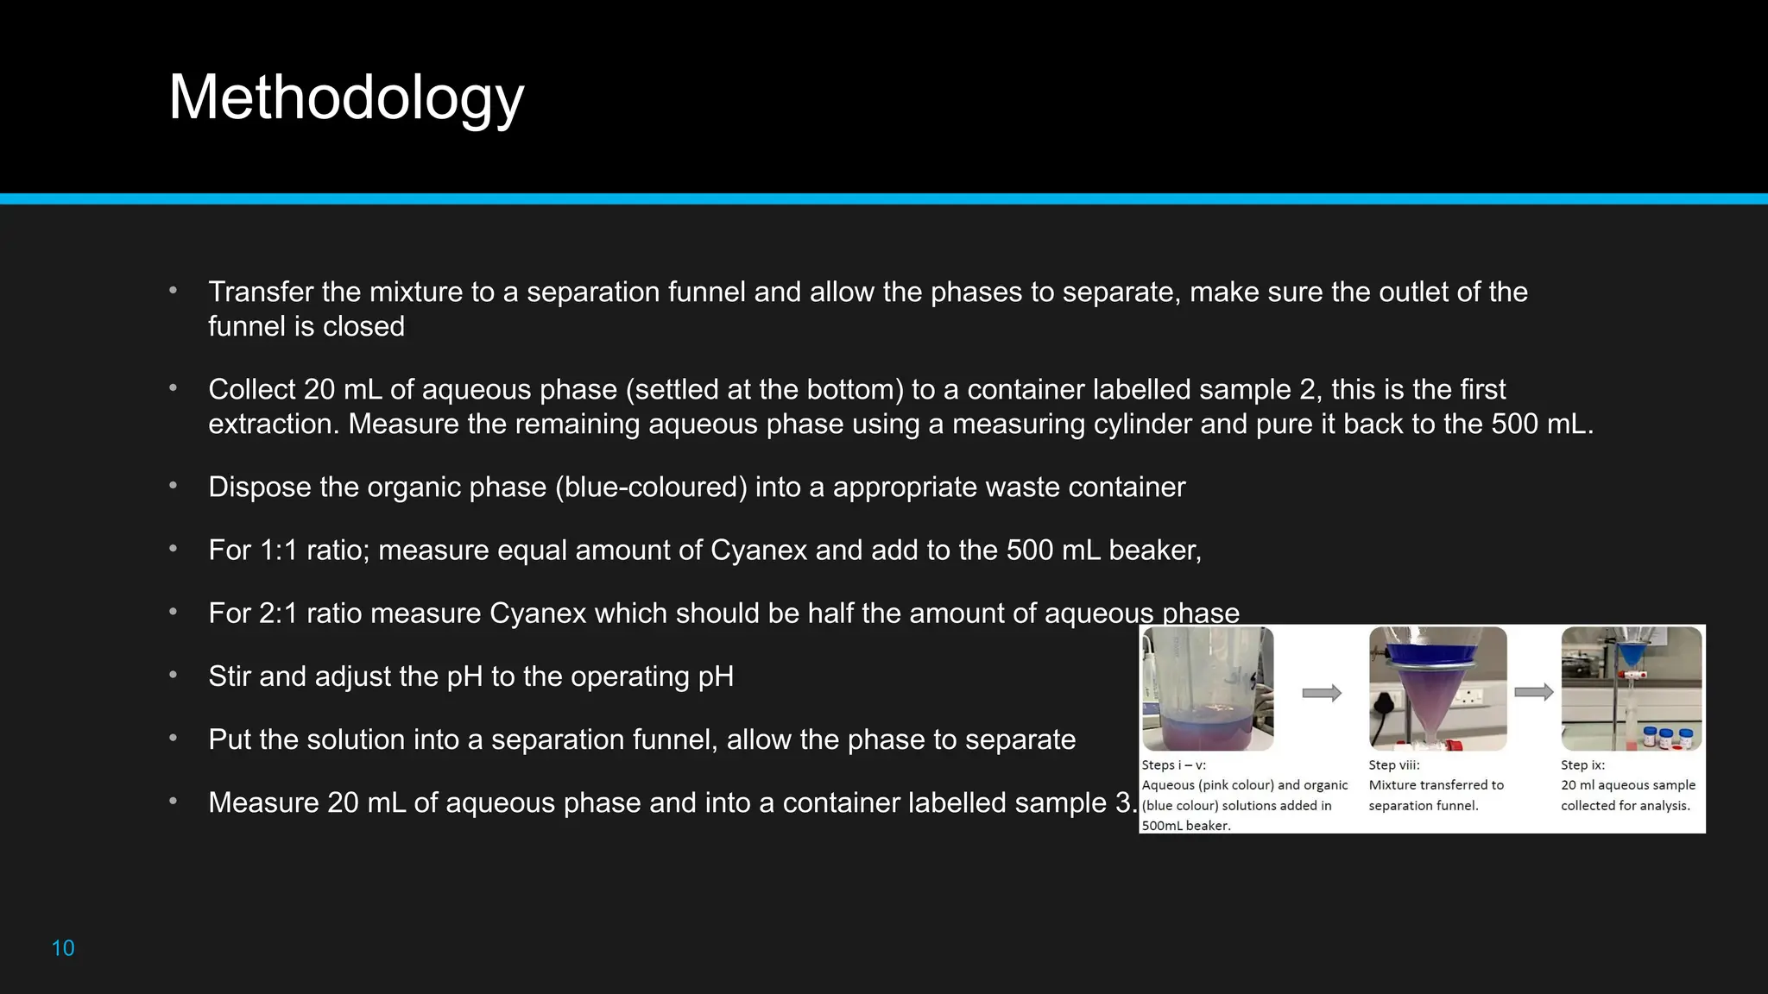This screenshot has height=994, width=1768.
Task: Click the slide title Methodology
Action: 346,98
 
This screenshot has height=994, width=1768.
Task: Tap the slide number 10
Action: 63,948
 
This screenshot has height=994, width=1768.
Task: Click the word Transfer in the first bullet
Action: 261,292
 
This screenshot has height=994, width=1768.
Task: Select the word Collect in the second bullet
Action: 252,389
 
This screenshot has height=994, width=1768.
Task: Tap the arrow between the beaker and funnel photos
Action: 1322,693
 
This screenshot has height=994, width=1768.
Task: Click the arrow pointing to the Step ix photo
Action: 1534,692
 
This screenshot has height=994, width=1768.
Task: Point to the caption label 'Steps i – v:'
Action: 1174,765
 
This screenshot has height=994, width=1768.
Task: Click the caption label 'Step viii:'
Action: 1394,765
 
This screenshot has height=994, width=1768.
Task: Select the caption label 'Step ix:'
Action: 1582,765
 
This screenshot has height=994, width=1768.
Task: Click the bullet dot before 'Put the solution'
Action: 174,739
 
